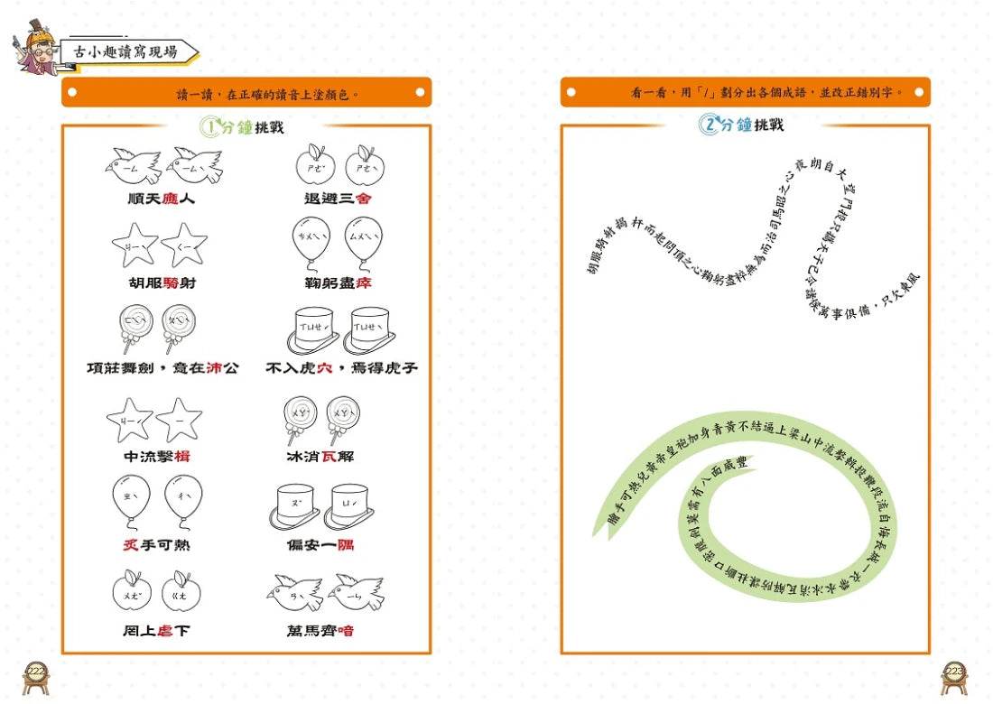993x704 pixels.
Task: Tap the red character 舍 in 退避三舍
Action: click(362, 198)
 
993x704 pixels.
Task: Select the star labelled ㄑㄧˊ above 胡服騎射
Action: click(186, 245)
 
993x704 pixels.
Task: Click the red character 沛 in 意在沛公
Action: click(214, 368)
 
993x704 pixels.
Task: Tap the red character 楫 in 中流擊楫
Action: click(182, 456)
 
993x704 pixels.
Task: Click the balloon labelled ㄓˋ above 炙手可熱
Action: click(132, 499)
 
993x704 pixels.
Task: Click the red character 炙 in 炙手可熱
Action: click(131, 544)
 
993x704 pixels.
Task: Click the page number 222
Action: click(37, 672)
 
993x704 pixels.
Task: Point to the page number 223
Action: click(954, 672)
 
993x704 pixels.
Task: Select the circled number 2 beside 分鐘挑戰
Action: click(709, 125)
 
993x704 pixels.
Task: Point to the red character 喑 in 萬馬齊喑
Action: click(345, 631)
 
